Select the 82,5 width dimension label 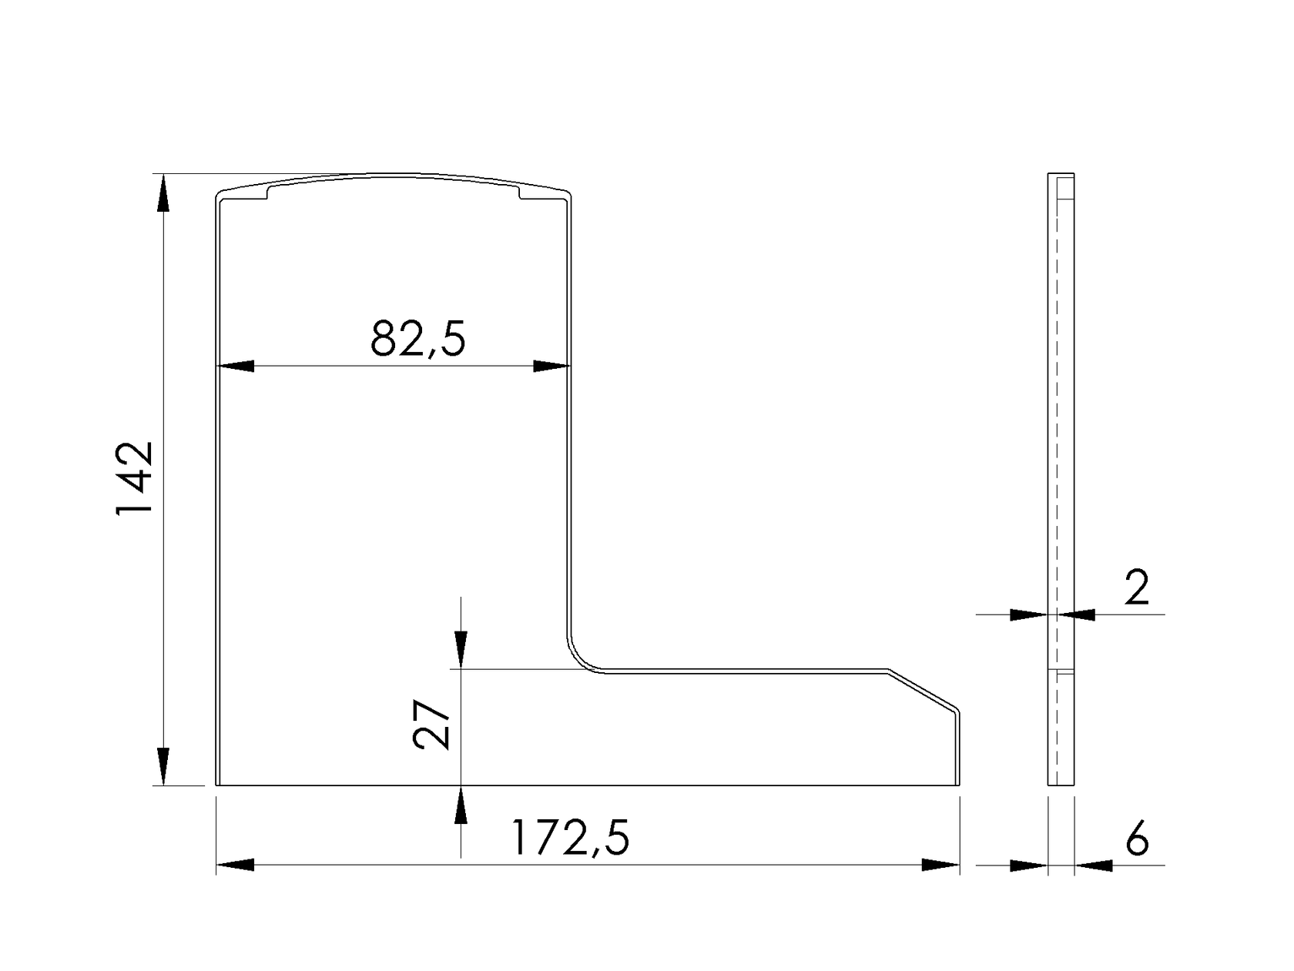pyautogui.click(x=418, y=339)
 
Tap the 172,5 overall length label pyautogui.click(x=570, y=838)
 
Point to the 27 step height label pyautogui.click(x=432, y=724)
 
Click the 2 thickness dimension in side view pyautogui.click(x=1137, y=588)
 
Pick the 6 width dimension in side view pyautogui.click(x=1137, y=839)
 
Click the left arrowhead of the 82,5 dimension pyautogui.click(x=236, y=367)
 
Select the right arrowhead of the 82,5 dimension pyautogui.click(x=551, y=367)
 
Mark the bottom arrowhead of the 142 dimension pyautogui.click(x=163, y=766)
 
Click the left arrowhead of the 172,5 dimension pyautogui.click(x=236, y=865)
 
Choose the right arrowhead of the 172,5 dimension pyautogui.click(x=940, y=865)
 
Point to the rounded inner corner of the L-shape pyautogui.click(x=579, y=657)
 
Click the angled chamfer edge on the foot pyautogui.click(x=923, y=688)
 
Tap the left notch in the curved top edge pyautogui.click(x=267, y=193)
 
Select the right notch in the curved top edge pyautogui.click(x=520, y=193)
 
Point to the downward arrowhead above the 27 pyautogui.click(x=461, y=649)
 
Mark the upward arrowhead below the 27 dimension pyautogui.click(x=461, y=805)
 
